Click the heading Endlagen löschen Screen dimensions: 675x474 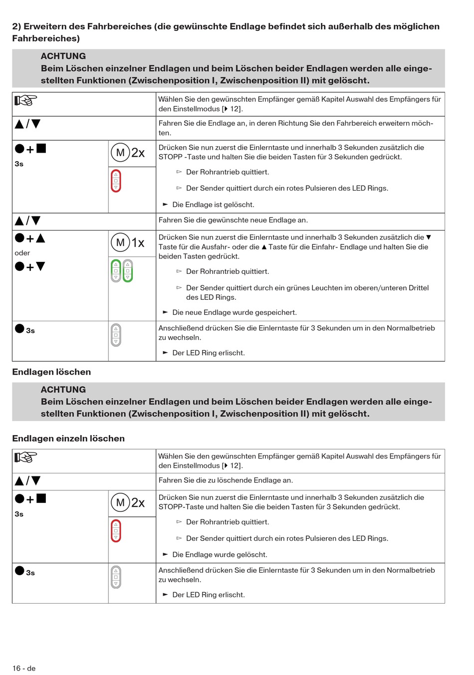51,372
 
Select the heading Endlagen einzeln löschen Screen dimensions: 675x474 68,439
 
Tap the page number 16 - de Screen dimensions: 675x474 24,668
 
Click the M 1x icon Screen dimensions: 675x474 128,243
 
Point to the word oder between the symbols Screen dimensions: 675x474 22,253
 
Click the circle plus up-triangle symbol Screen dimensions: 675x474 30,238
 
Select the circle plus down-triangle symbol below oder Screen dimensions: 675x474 30,267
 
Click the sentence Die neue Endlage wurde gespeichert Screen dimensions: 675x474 235,312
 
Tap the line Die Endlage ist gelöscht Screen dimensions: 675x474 213,205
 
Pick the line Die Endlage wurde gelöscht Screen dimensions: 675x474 220,554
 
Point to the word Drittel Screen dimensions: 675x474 417,288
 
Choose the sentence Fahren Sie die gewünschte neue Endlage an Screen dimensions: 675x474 233,220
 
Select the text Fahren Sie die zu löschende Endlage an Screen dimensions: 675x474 226,480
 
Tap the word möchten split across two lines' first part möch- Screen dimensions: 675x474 422,123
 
